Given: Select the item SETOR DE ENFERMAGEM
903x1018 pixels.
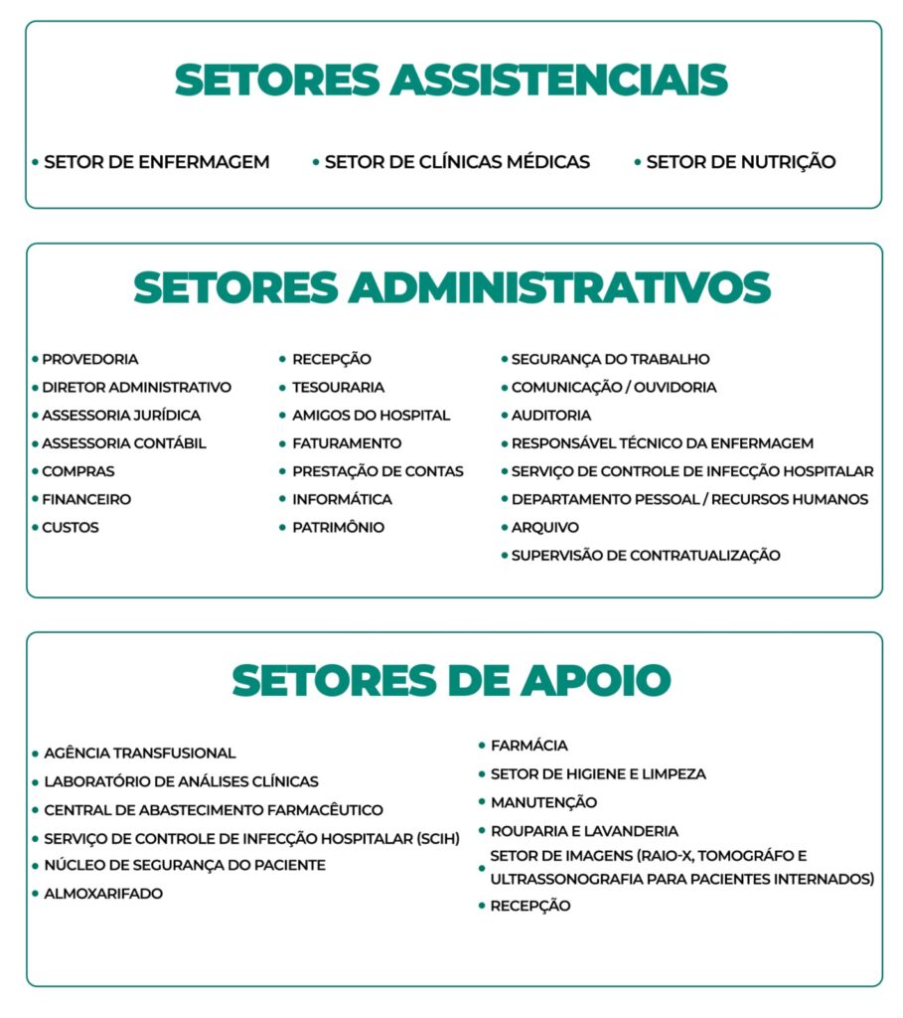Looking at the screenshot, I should (156, 162).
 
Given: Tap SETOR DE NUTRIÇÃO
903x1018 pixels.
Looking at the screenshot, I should (740, 162).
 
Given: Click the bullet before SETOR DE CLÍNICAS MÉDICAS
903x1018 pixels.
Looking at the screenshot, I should (316, 161).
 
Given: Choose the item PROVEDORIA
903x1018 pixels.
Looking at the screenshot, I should (89, 359).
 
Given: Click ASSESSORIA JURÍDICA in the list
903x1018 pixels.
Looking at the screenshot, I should (120, 416).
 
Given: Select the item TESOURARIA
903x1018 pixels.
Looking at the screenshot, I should (338, 388).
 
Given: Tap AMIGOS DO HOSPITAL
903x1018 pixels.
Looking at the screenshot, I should (371, 416).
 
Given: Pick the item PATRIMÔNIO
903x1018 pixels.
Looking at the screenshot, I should (338, 528).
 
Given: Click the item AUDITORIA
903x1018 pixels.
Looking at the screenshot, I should (550, 416).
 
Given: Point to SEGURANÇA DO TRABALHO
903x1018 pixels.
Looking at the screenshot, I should (610, 359).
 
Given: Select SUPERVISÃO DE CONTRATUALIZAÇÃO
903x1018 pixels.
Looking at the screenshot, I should (646, 556).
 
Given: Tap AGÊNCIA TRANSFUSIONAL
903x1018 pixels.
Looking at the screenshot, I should (139, 754).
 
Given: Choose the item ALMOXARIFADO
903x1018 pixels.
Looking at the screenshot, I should (103, 894).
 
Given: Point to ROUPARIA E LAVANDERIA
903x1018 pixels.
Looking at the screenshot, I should (584, 831).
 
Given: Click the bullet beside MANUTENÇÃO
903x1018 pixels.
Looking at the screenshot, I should (481, 802).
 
